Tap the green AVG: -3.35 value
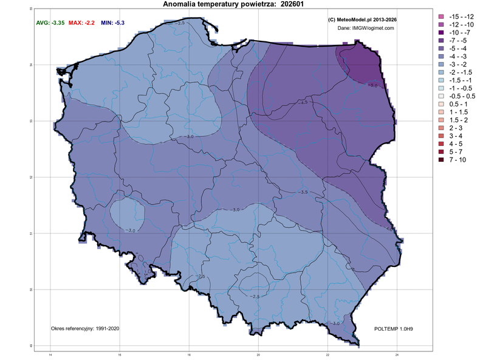coord(49,22)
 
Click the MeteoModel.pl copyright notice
coord(362,20)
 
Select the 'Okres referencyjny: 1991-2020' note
coord(84,328)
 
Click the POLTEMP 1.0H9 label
coord(394,328)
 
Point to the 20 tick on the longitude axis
coord(258,355)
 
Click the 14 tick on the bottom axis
coord(50,355)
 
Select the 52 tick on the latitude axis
coord(31,177)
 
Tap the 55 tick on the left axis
coord(31,9)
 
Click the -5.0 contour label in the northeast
coord(372,86)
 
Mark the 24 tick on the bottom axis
coord(397,355)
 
